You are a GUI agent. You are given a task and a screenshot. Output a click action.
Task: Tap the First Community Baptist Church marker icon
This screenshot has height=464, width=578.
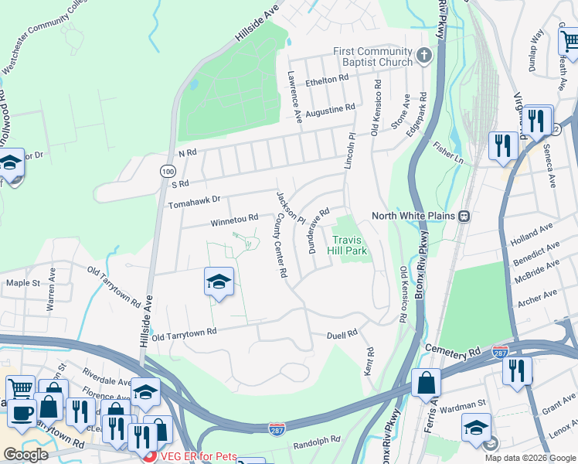(x=423, y=56)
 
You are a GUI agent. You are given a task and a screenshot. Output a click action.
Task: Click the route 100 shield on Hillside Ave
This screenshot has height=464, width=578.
(x=168, y=169)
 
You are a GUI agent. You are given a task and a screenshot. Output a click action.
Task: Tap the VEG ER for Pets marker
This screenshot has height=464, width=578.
(x=151, y=456)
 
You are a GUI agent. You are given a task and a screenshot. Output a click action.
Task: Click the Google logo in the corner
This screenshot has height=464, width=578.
(x=25, y=455)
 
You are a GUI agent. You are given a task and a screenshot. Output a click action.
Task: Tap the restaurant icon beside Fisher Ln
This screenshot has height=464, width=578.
(x=503, y=145)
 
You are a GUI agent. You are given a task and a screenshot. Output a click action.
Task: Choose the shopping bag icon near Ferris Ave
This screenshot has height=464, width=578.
(x=426, y=384)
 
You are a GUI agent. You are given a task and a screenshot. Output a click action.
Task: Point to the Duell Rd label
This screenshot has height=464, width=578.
(x=342, y=333)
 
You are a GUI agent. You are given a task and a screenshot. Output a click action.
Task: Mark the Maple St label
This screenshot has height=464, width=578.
(x=23, y=283)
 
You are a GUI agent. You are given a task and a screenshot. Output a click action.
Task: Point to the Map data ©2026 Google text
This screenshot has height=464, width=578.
(x=529, y=457)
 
